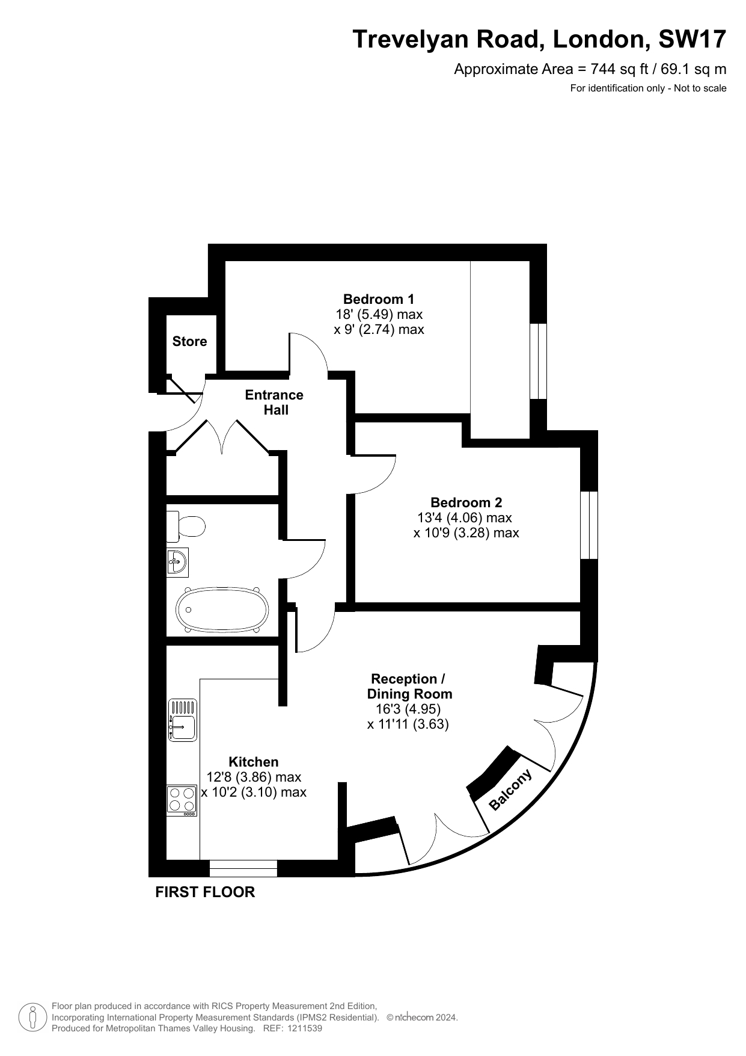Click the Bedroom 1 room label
(x=379, y=299)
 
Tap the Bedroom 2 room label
(x=466, y=502)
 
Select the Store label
(x=189, y=341)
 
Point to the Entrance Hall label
(x=275, y=403)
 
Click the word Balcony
(x=510, y=789)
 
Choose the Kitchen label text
(x=254, y=762)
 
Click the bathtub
(x=222, y=609)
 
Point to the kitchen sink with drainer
(x=183, y=720)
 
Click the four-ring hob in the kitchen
(x=182, y=800)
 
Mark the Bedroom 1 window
(x=538, y=361)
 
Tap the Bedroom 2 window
(x=589, y=525)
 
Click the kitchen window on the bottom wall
(x=243, y=868)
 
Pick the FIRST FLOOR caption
(x=205, y=892)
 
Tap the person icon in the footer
(x=33, y=1017)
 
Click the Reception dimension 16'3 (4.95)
(x=408, y=709)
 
